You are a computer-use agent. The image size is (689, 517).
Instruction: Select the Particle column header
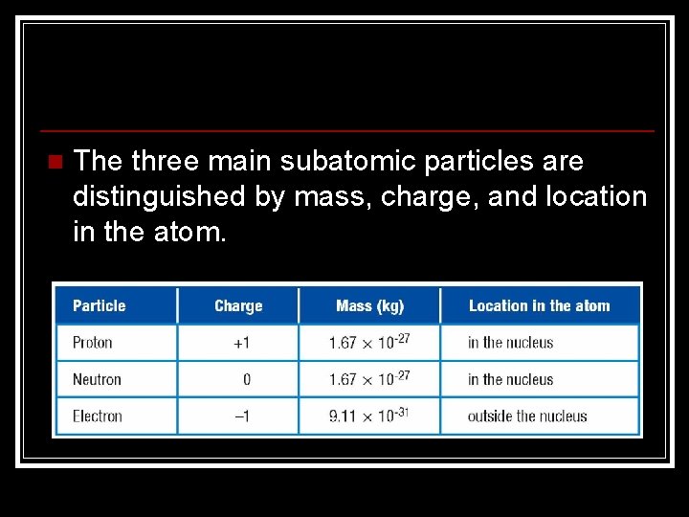[x=99, y=306]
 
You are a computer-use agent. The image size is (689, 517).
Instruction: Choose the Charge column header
[x=238, y=306]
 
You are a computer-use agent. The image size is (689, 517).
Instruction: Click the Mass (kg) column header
[x=369, y=306]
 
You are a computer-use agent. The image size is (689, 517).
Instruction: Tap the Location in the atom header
[x=539, y=306]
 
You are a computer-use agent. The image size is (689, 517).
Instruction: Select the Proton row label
[x=93, y=343]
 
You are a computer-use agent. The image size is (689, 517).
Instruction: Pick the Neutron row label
[x=97, y=379]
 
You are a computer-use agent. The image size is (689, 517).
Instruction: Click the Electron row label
[x=98, y=416]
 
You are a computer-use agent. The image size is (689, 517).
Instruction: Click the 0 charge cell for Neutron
[x=246, y=379]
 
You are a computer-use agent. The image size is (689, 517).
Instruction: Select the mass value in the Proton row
[x=369, y=342]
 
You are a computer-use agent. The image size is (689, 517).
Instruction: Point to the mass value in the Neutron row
[x=369, y=378]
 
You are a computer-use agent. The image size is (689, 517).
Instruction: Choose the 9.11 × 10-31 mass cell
[x=369, y=415]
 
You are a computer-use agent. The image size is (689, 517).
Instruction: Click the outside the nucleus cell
[x=527, y=416]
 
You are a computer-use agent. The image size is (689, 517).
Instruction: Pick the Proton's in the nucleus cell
[x=510, y=343]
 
